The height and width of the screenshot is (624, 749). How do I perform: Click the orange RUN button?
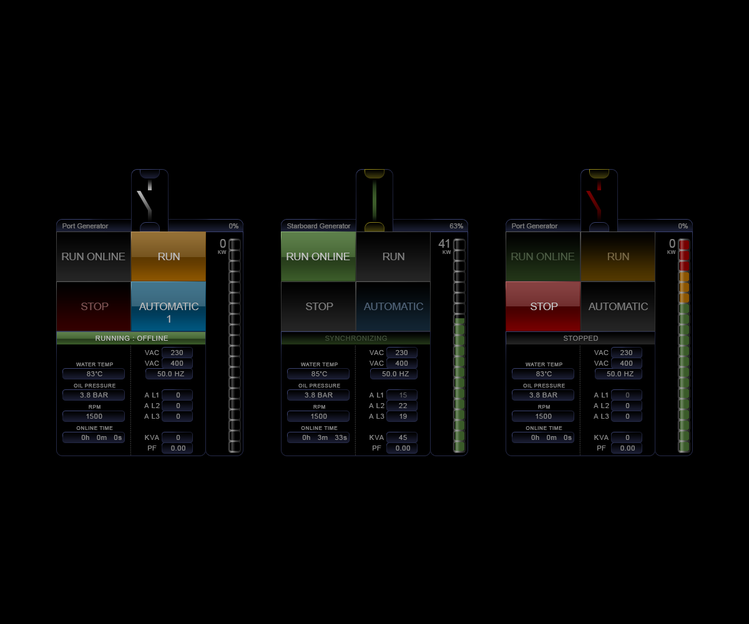point(169,256)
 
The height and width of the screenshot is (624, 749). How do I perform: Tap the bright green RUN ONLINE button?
point(318,256)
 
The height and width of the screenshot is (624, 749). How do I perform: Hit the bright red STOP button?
point(543,306)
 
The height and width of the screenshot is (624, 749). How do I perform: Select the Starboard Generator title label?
point(318,226)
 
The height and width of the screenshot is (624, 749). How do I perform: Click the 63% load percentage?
point(456,226)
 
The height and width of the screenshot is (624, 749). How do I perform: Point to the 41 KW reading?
point(444,246)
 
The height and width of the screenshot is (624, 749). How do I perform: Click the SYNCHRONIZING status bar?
point(356,338)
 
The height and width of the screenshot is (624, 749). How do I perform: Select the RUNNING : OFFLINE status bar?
point(131,338)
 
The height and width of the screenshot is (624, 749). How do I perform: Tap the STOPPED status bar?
point(580,338)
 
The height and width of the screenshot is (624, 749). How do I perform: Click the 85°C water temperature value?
point(318,374)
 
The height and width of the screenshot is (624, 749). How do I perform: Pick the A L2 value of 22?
point(402,406)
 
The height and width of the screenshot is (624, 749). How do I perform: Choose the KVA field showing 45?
point(402,437)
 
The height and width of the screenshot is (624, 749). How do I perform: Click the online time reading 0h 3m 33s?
point(318,437)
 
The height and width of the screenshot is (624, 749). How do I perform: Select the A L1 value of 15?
point(402,395)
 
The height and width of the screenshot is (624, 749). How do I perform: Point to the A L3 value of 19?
point(402,416)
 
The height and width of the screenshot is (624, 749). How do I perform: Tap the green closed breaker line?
point(374,201)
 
